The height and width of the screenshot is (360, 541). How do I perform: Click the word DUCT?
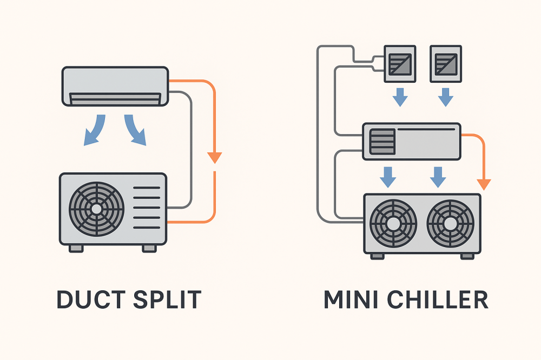coord(87,299)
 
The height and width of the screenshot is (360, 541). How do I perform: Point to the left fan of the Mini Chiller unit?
coord(393,223)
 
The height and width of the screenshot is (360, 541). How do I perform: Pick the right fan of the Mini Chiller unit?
coord(451,223)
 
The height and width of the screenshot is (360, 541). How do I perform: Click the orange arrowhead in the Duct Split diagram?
coord(215,157)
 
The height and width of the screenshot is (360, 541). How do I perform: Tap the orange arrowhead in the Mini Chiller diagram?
coord(484,184)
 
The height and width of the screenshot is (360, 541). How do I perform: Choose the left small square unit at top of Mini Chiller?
coord(399,64)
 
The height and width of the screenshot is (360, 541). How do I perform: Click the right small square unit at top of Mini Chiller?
coord(445,64)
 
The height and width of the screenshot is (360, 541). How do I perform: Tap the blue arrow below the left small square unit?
coord(400,97)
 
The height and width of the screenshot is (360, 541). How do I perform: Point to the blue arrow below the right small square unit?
coord(446,97)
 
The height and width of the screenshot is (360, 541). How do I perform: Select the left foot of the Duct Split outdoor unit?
coord(76,248)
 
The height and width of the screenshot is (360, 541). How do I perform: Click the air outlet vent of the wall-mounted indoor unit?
coord(115,98)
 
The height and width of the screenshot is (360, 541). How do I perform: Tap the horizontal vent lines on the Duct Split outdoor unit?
coord(147,208)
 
